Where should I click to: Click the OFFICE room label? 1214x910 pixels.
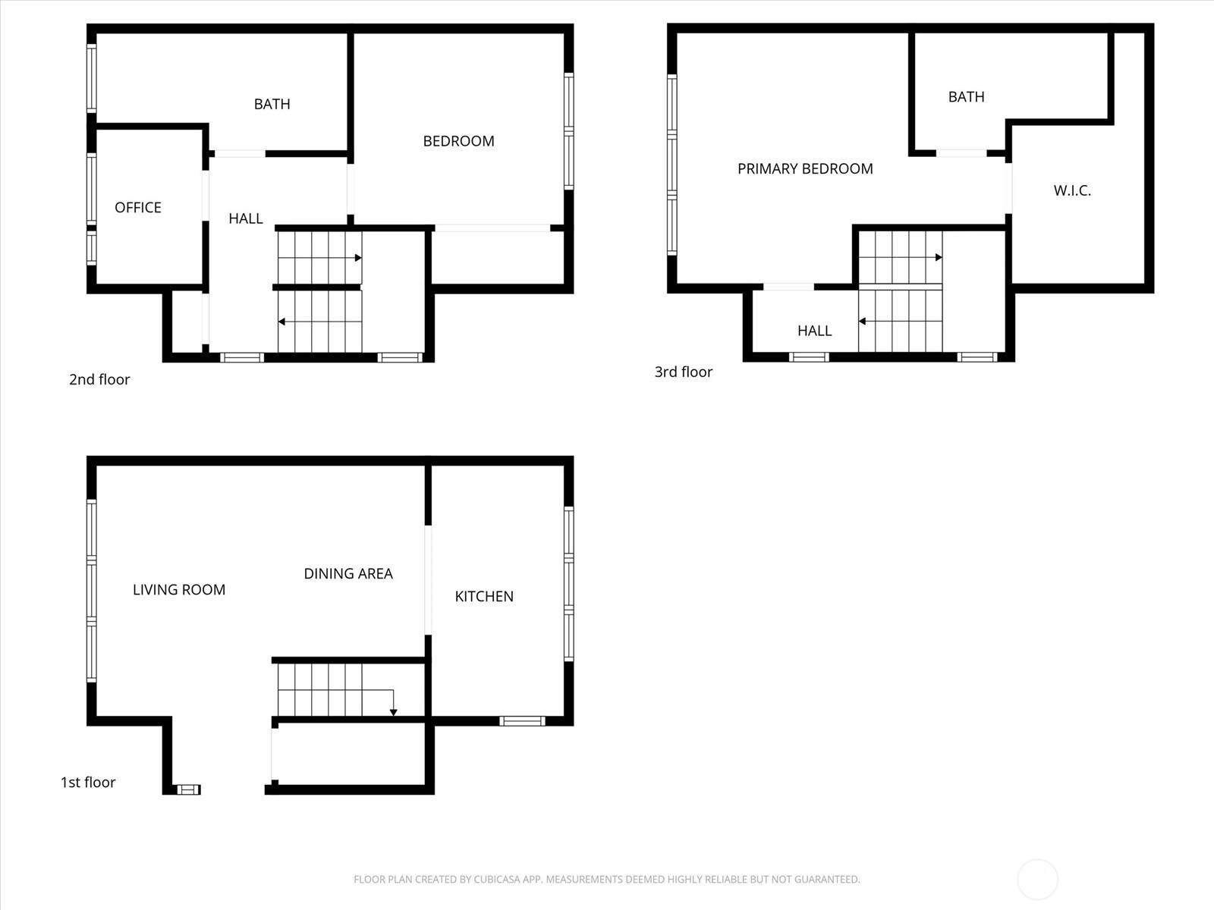pyautogui.click(x=138, y=208)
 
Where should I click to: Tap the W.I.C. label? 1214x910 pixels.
pyautogui.click(x=1072, y=190)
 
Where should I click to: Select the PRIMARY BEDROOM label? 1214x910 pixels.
pyautogui.click(x=805, y=168)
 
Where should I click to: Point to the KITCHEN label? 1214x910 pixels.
pyautogui.click(x=484, y=596)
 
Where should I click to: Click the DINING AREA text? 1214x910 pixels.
pyautogui.click(x=348, y=573)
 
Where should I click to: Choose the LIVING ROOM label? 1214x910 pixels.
pyautogui.click(x=179, y=589)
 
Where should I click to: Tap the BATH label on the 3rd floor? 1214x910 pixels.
pyautogui.click(x=966, y=97)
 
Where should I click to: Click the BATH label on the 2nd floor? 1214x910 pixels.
pyautogui.click(x=272, y=104)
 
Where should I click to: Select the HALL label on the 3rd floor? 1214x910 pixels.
pyautogui.click(x=815, y=331)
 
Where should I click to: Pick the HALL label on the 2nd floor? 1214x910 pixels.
pyautogui.click(x=246, y=219)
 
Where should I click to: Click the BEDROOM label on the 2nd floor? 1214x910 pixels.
pyautogui.click(x=458, y=142)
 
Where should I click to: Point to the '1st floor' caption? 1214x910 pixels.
pyautogui.click(x=88, y=783)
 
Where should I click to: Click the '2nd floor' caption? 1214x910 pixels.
pyautogui.click(x=99, y=380)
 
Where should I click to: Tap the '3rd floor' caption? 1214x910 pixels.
pyautogui.click(x=684, y=372)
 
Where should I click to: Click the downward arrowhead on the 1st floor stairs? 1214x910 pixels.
pyautogui.click(x=393, y=713)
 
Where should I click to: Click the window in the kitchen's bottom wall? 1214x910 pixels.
pyautogui.click(x=522, y=720)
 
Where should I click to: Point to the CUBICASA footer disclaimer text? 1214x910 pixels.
pyautogui.click(x=607, y=879)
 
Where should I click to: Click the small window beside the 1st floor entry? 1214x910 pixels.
pyautogui.click(x=189, y=789)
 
